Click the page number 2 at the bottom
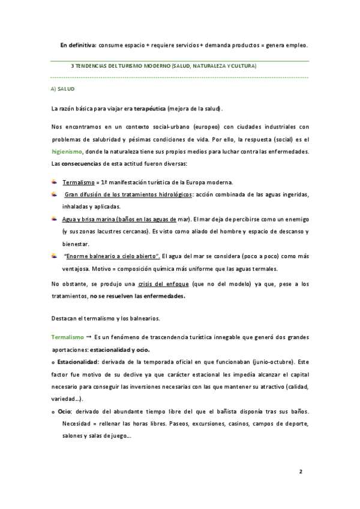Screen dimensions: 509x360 (x=301, y=471)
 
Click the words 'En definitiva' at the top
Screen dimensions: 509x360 (x=77, y=45)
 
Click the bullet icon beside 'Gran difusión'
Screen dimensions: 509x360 (x=55, y=194)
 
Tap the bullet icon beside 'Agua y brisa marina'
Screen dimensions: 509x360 (x=55, y=219)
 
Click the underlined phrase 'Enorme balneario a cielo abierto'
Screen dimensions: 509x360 (x=111, y=256)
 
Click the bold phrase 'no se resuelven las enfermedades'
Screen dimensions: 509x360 (x=137, y=296)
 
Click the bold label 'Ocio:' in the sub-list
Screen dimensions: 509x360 (x=66, y=411)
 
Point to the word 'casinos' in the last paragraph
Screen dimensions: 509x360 (x=221, y=423)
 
